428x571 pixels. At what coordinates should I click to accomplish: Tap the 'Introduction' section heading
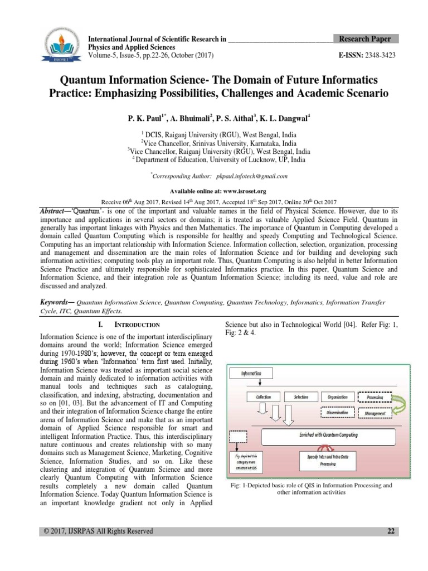(137, 325)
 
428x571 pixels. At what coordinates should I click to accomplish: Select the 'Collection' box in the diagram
(263, 397)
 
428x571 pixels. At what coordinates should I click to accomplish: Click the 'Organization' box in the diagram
(337, 397)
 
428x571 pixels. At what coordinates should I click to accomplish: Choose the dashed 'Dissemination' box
(337, 413)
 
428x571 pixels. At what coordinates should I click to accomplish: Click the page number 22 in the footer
(391, 531)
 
